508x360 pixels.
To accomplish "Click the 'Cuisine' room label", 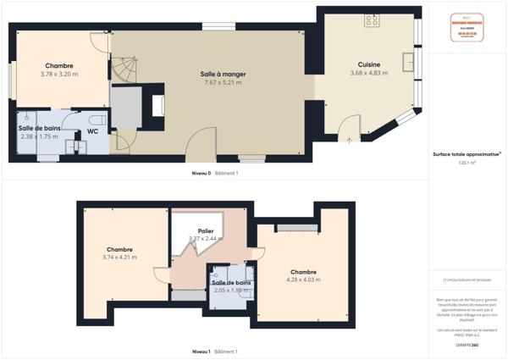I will pyautogui.click(x=369, y=64).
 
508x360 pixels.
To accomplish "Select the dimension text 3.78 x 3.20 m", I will pyautogui.click(x=58, y=75).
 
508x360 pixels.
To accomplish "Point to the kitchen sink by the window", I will pyautogui.click(x=409, y=61).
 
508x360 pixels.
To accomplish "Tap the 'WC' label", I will pyautogui.click(x=92, y=131).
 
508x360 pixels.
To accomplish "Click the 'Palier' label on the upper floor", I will pyautogui.click(x=206, y=230).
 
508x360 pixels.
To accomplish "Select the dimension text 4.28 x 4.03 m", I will pyautogui.click(x=303, y=280).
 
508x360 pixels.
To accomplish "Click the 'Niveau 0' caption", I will pyautogui.click(x=202, y=173).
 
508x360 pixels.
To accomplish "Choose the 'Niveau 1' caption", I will pyautogui.click(x=202, y=351).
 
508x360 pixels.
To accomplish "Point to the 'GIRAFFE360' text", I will pyautogui.click(x=468, y=345).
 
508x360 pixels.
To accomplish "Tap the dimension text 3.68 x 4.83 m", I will pyautogui.click(x=369, y=73).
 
